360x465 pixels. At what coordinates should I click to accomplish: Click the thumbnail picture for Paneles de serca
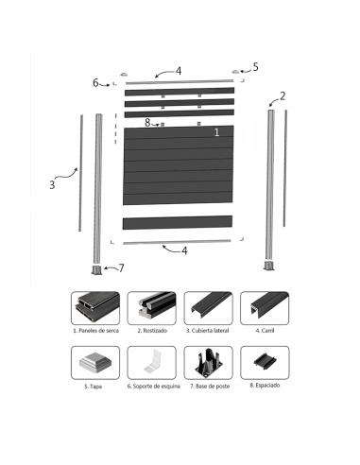click(95, 308)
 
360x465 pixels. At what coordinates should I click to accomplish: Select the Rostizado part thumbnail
click(151, 308)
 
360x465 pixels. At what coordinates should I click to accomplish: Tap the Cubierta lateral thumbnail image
click(208, 308)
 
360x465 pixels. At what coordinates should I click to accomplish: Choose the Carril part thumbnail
click(265, 308)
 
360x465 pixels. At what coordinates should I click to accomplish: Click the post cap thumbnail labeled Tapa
click(95, 363)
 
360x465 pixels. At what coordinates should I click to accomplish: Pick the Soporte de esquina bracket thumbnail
click(151, 363)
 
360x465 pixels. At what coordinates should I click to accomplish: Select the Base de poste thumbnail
click(208, 363)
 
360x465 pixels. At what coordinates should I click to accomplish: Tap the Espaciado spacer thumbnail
click(265, 363)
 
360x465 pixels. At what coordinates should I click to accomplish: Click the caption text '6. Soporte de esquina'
click(153, 387)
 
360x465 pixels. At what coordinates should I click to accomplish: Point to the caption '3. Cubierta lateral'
click(207, 331)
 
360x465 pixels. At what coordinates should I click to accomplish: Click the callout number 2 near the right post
click(283, 96)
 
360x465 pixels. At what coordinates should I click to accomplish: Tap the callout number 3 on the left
click(52, 184)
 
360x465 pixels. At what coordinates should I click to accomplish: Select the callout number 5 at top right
click(255, 67)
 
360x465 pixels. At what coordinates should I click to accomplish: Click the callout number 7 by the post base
click(121, 268)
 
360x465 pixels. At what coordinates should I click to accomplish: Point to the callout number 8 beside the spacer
click(147, 123)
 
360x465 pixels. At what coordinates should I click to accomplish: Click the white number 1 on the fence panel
click(216, 132)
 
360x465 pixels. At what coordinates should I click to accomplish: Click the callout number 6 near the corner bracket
click(95, 82)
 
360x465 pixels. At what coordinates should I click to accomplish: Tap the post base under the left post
click(97, 270)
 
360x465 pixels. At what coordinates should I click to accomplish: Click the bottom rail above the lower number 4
click(177, 242)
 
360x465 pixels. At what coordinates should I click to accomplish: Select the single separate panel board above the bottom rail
click(178, 222)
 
